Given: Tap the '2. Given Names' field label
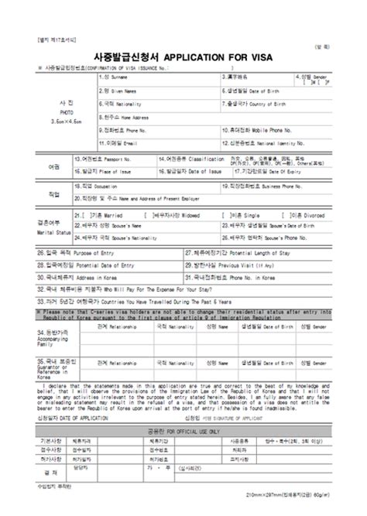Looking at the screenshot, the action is tap(126, 91).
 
